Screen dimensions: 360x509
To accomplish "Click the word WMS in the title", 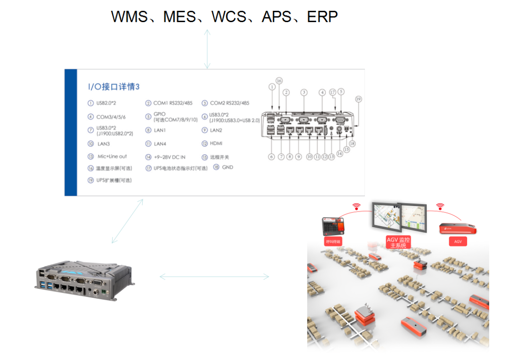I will click(129, 17).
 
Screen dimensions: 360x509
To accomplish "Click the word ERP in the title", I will click(322, 17).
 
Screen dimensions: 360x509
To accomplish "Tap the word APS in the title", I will click(276, 17).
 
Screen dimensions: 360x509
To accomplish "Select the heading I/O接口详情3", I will click(114, 87).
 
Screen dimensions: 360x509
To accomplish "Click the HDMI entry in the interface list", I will click(216, 144).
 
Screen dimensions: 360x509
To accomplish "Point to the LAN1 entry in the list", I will click(160, 131).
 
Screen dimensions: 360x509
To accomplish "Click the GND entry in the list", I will click(227, 167).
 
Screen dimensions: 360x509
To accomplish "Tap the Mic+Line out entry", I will click(112, 156).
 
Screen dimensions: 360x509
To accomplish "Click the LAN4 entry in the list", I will click(160, 144).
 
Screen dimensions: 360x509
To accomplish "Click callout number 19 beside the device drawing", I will click(359, 99).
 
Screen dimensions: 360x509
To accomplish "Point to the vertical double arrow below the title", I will click(207, 49).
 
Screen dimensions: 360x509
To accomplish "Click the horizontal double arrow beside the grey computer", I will click(214, 277).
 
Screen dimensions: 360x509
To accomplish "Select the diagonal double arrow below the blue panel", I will click(127, 221).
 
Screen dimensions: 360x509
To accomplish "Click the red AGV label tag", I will click(458, 242).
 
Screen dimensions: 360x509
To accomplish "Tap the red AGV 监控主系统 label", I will click(398, 243).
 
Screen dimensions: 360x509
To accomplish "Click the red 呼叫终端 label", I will click(333, 242).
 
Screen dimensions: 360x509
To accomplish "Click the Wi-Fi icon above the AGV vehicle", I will click(440, 206).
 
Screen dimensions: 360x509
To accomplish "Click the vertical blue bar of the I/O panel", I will click(71, 132).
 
